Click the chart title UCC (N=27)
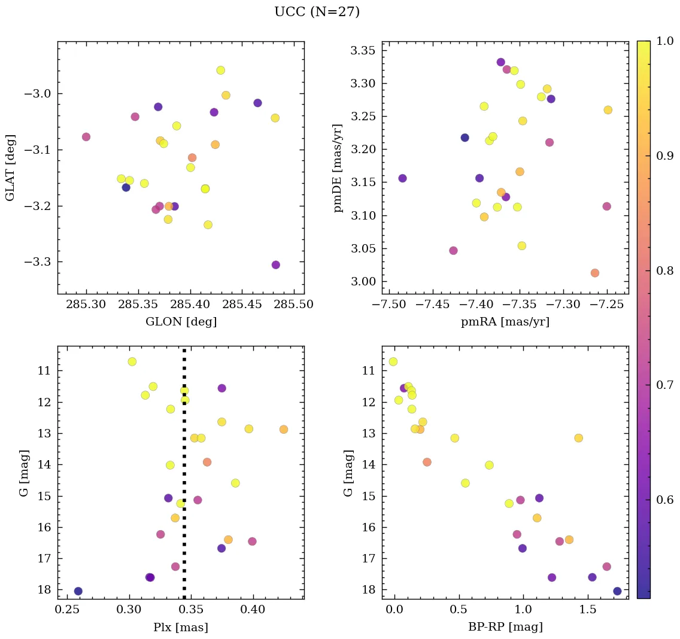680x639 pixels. click(x=317, y=12)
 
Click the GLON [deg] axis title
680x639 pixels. click(x=181, y=322)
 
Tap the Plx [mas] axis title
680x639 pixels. click(x=181, y=628)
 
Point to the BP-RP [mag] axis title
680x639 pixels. click(x=505, y=628)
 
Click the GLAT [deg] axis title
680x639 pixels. click(x=10, y=168)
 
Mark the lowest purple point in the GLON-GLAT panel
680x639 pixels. click(x=276, y=265)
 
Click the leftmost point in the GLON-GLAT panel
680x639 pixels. click(x=86, y=137)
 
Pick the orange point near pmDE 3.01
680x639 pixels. click(x=594, y=273)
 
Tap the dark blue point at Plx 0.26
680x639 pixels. click(x=78, y=591)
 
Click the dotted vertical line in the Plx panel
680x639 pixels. click(x=184, y=479)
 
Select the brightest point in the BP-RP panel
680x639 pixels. click(x=393, y=361)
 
